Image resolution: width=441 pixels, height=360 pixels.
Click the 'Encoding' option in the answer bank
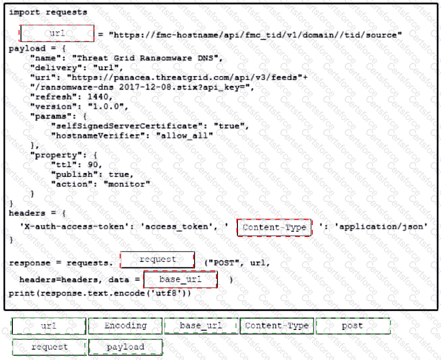[x=125, y=326]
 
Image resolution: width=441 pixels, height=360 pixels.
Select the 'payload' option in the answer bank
[x=125, y=347]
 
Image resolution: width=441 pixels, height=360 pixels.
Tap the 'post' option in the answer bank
[x=353, y=326]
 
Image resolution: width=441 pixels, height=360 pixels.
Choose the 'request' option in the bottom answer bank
[x=49, y=347]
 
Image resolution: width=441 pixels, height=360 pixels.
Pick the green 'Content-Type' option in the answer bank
[x=277, y=326]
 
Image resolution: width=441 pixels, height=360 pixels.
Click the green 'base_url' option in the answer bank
[x=201, y=326]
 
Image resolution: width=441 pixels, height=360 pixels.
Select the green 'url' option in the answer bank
[x=48, y=326]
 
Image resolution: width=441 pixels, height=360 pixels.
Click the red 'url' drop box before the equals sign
[x=57, y=33]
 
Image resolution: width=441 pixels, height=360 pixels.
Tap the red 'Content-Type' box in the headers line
[x=274, y=227]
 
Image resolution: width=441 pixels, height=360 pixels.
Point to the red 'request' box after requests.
[x=157, y=259]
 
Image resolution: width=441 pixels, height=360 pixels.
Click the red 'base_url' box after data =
[x=180, y=279]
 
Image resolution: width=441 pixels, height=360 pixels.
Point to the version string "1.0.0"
[x=106, y=107]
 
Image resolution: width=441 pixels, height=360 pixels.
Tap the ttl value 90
[x=92, y=165]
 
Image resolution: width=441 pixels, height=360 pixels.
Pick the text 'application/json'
[x=381, y=226]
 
